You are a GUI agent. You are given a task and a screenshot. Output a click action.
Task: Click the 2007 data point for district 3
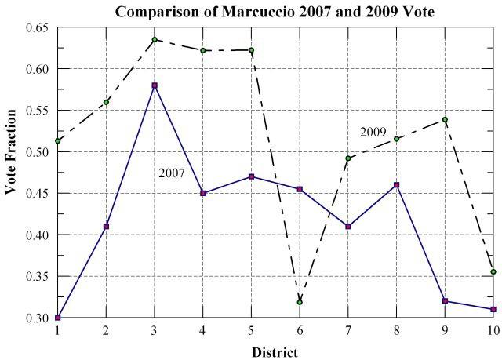point(155,85)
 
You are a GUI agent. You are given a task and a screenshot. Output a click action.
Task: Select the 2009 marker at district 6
point(300,302)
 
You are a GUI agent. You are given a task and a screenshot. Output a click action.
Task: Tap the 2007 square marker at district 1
point(57,318)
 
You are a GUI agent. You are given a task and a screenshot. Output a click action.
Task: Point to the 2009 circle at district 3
point(155,39)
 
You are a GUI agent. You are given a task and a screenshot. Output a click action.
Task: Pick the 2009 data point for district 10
point(493,271)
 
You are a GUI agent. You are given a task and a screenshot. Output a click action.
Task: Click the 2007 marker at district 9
point(445,301)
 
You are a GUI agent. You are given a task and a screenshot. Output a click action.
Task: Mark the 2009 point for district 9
point(445,119)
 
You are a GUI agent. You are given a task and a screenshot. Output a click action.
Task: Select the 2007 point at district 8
point(397,185)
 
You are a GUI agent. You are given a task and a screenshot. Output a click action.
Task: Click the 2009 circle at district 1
point(57,140)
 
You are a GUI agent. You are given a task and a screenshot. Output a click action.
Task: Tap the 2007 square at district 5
point(251,176)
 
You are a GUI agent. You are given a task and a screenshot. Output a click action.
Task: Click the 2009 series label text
point(373,132)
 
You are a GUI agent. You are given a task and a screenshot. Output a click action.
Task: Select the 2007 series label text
point(171,173)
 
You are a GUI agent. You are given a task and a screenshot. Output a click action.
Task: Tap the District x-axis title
point(275,352)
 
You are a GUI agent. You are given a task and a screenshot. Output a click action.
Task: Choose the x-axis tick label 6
point(300,332)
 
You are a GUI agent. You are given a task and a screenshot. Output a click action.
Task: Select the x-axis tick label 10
point(492,332)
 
